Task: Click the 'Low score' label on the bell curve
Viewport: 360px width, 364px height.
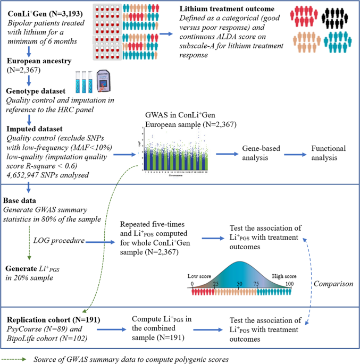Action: (x=200, y=276)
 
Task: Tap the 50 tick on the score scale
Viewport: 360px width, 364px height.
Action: (x=239, y=284)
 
